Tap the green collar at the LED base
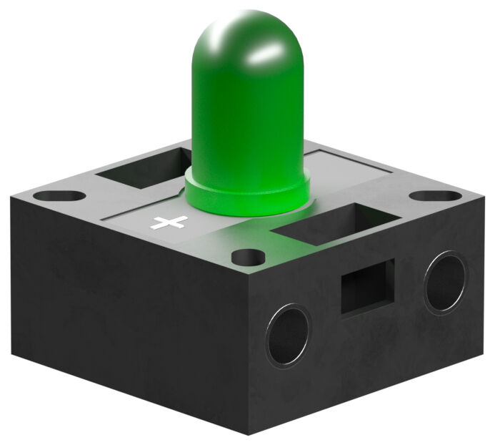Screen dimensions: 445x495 247,197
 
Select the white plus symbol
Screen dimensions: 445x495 169,222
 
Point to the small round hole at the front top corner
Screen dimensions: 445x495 249,256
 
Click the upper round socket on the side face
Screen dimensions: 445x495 444,281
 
